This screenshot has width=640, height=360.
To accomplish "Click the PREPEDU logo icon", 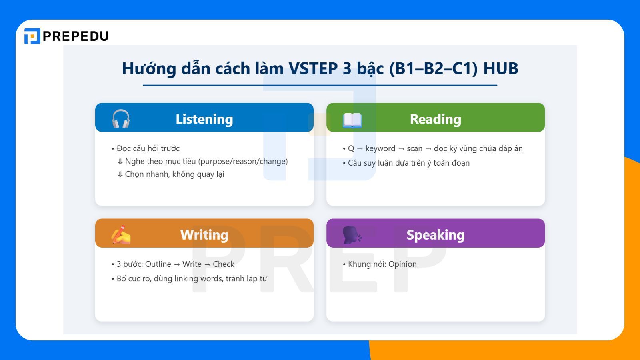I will (x=32, y=36).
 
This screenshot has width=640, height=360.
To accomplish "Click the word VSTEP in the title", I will (x=313, y=68).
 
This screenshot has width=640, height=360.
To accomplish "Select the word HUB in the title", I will (x=500, y=68).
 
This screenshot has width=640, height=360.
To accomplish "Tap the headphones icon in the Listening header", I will (x=121, y=119).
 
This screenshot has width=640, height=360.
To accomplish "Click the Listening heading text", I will (x=204, y=119).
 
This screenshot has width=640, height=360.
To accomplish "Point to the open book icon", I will (x=352, y=120).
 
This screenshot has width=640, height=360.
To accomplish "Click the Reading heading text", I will (x=435, y=119).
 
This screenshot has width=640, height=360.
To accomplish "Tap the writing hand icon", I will (x=121, y=234).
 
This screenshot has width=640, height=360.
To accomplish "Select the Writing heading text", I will (x=204, y=235).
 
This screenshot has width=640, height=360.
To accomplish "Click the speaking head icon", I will (x=352, y=235).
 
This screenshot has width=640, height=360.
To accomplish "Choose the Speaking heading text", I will (x=435, y=235).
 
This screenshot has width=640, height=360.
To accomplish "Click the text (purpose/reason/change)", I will (x=243, y=161).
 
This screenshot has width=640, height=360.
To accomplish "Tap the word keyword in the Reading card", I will (x=380, y=148).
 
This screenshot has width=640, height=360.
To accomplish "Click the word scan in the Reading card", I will (x=414, y=148).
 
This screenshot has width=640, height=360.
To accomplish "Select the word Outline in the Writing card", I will (x=158, y=264).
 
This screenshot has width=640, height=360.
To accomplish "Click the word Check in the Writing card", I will (x=224, y=264).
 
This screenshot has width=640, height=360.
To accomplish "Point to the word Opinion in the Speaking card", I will (x=402, y=264).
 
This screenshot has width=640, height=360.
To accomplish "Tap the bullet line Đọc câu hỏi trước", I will (x=148, y=148).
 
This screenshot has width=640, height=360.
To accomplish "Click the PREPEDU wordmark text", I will (x=76, y=36).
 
